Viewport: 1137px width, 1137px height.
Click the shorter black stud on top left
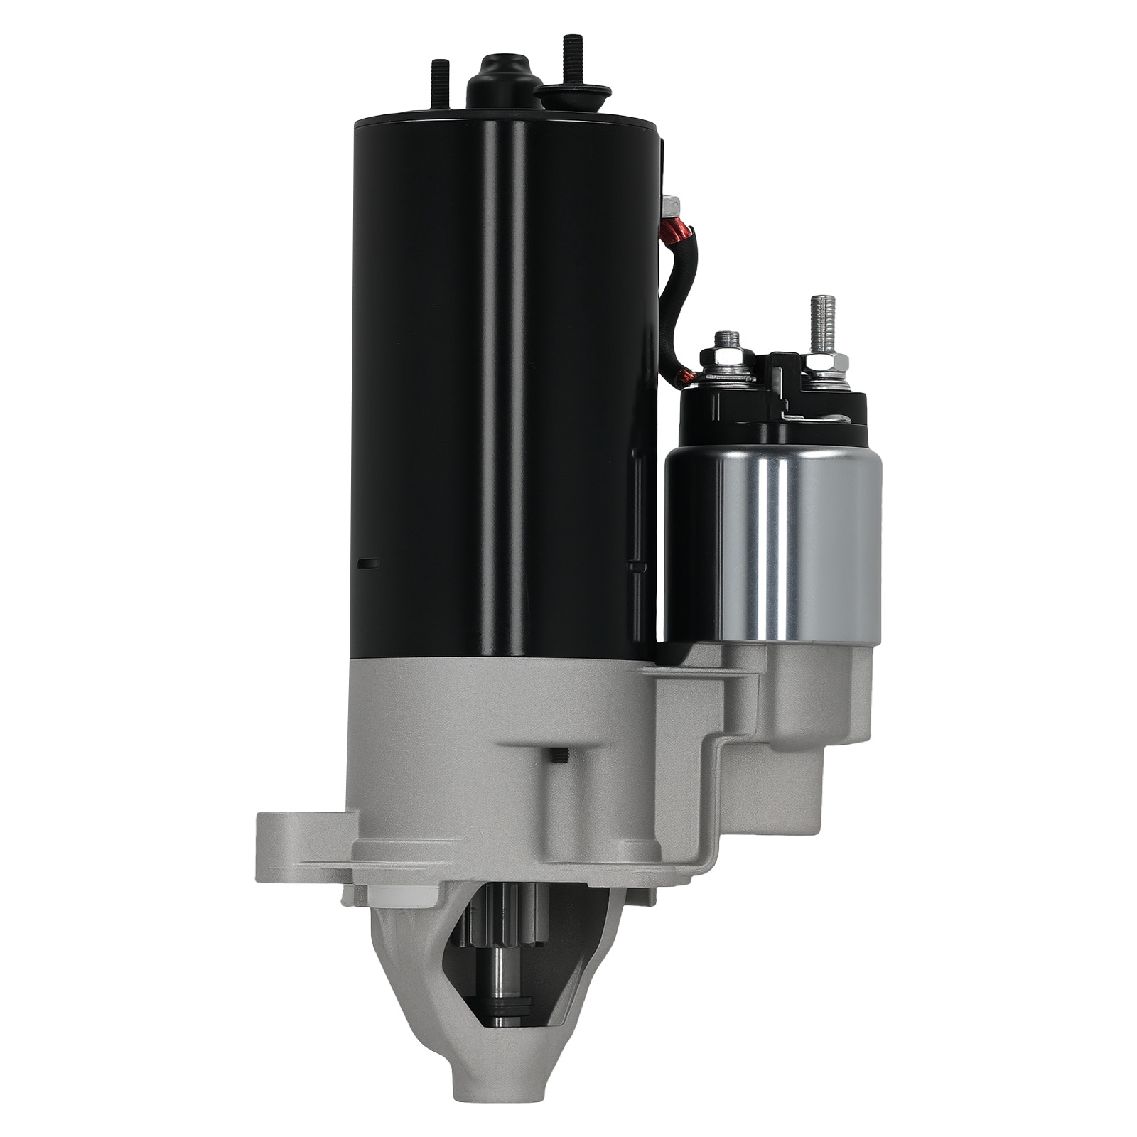(x=436, y=85)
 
